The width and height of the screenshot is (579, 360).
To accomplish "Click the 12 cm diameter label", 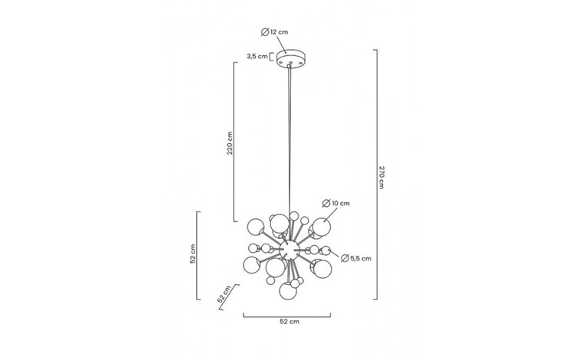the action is click(275, 32).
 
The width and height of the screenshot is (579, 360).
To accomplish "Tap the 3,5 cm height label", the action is click(257, 57).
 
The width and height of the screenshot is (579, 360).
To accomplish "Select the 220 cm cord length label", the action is click(230, 143).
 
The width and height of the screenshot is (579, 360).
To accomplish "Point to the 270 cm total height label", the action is click(381, 177).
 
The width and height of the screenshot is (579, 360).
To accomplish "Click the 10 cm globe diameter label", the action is click(336, 204).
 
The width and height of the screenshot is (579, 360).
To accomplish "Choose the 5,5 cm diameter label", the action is click(356, 258).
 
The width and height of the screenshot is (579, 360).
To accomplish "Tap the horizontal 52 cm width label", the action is click(289, 322).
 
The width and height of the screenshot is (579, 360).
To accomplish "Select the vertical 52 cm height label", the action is click(193, 254).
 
